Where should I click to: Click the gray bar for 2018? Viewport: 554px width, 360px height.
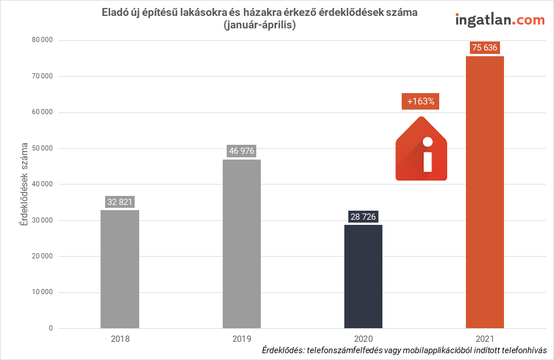[119, 269]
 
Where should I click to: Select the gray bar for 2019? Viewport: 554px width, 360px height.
[241, 244]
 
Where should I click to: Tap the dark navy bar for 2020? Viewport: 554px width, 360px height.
[363, 277]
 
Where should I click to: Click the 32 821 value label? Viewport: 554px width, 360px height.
[120, 202]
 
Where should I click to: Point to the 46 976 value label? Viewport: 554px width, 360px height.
[241, 151]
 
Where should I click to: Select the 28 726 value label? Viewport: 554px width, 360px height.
[363, 217]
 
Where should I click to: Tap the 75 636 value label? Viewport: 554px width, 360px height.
[485, 48]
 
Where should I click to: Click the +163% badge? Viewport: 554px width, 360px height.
[420, 102]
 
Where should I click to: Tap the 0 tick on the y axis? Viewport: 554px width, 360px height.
[51, 328]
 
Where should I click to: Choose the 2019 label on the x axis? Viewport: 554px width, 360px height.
[241, 338]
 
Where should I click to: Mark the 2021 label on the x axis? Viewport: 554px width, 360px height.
[485, 338]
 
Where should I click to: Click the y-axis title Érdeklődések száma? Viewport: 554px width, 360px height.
[24, 185]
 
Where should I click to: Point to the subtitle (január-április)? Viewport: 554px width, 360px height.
[260, 25]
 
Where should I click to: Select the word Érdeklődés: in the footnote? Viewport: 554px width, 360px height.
[282, 350]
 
